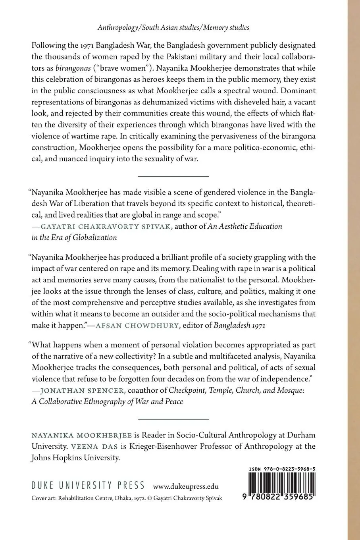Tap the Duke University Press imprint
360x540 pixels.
pos(88,486)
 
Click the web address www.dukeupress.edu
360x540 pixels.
pos(186,486)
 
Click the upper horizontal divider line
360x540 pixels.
pos(173,175)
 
